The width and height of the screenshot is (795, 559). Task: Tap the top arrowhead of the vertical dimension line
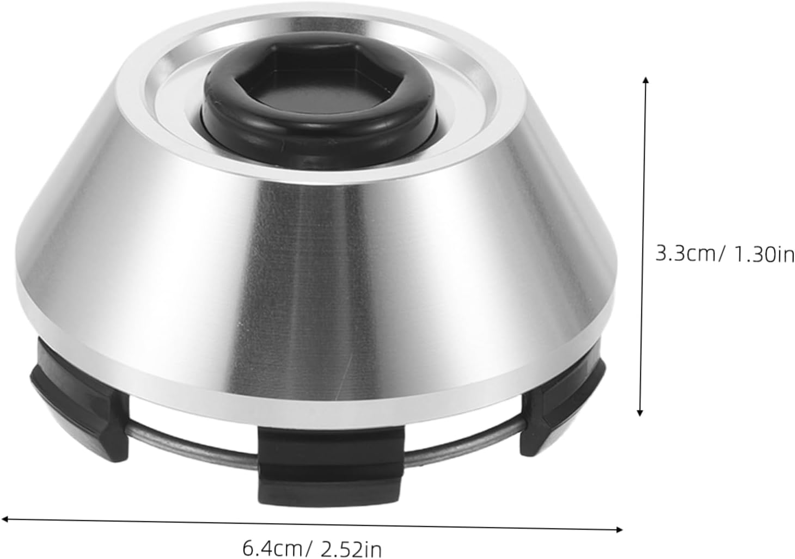646,81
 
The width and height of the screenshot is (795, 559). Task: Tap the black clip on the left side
79,403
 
